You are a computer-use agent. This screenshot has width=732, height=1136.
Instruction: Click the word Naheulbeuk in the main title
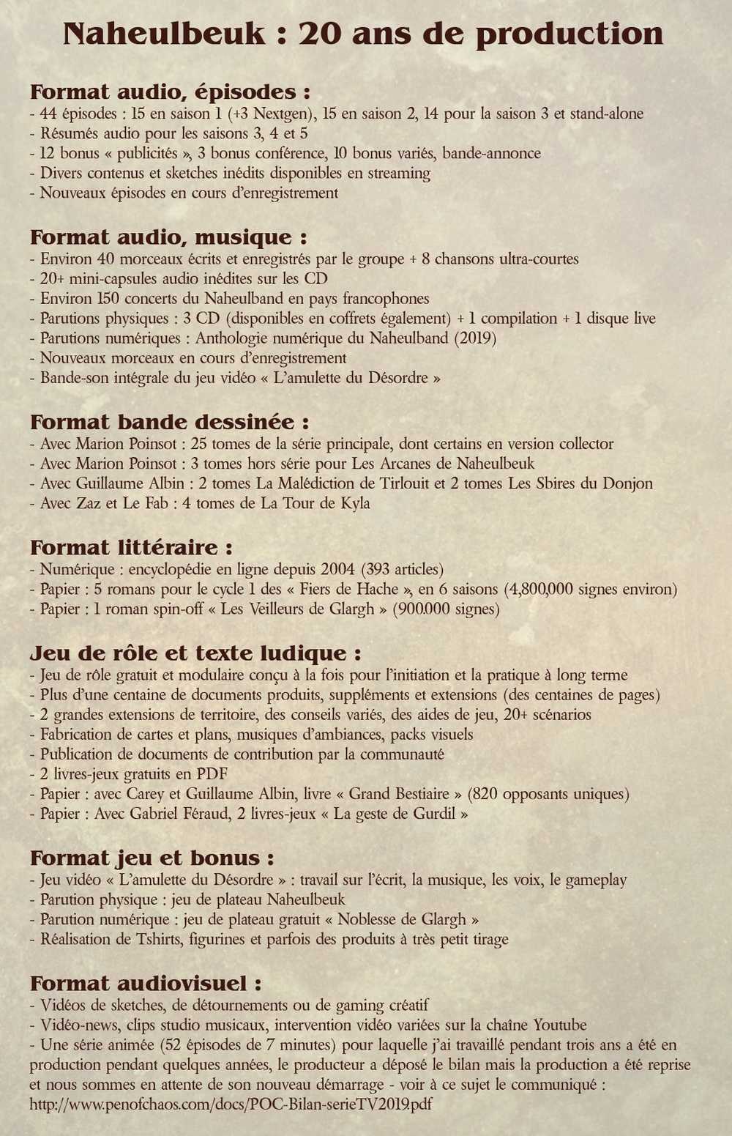(164, 34)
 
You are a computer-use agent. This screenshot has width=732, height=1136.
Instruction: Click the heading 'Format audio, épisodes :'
(170, 92)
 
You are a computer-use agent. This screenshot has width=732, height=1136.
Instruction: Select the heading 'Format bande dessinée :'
(169, 423)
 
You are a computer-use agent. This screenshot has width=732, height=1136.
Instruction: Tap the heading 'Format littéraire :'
(131, 548)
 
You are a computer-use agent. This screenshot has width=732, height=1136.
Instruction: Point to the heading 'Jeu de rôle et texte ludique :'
(195, 653)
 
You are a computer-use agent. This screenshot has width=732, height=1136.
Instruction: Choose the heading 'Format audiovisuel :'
(146, 984)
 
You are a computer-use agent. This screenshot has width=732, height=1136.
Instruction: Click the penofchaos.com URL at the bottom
(231, 1104)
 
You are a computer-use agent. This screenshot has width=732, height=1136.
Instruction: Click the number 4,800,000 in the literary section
(539, 590)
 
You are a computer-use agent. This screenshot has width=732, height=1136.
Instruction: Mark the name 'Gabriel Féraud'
(182, 814)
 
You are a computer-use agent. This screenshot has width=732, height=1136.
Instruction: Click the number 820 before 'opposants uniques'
(486, 794)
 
